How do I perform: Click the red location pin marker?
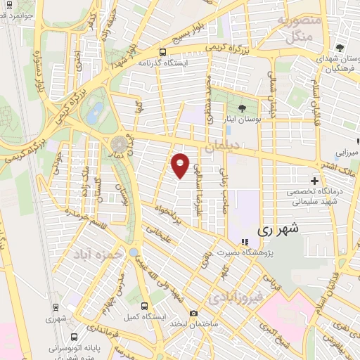[x=180, y=165]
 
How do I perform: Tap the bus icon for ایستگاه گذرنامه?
[x=163, y=52]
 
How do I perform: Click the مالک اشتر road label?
[x=336, y=166]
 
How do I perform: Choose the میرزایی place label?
[x=346, y=152]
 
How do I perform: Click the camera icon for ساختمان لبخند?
[x=193, y=314]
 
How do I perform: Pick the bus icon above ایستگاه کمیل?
[x=145, y=307]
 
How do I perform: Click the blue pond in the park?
[x=97, y=111]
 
